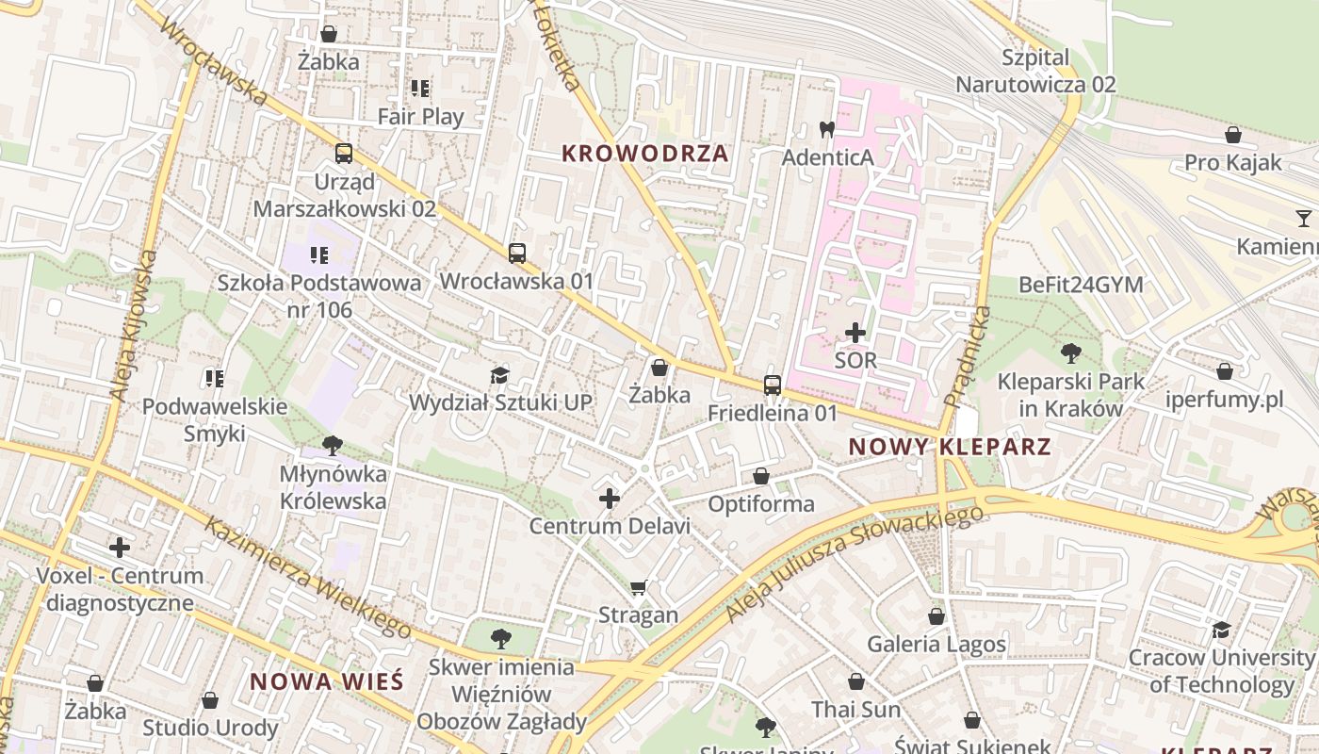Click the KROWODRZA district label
tap(645, 154)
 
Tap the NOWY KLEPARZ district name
tap(950, 447)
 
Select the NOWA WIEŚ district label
tap(326, 681)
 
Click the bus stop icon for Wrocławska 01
tap(516, 253)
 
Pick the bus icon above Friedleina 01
tap(773, 385)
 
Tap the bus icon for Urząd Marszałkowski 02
tap(344, 153)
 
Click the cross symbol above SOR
tap(855, 333)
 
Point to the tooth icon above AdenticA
tap(827, 129)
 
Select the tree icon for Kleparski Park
tap(1070, 353)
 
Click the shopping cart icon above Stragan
tap(639, 587)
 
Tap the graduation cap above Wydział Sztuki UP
tap(499, 375)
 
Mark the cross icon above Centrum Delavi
tap(610, 498)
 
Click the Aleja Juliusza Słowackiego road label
tap(855, 563)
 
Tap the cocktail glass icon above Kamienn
tap(1303, 219)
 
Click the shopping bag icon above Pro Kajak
tap(1232, 135)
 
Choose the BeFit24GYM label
tap(1081, 285)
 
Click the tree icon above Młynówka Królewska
tap(332, 445)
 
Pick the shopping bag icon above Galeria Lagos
tap(936, 616)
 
